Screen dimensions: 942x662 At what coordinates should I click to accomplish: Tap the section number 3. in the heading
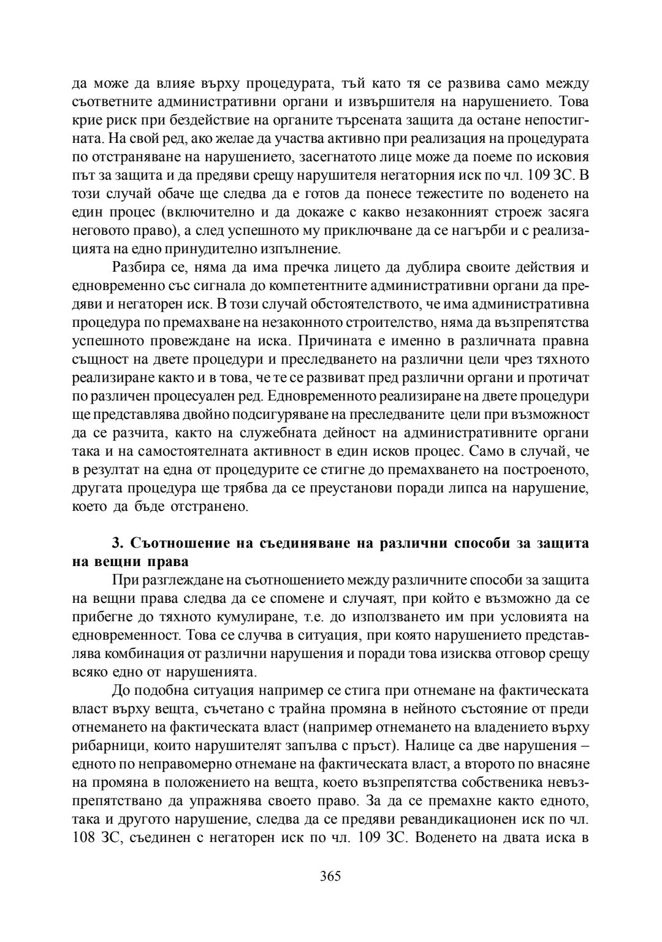click(118, 543)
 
